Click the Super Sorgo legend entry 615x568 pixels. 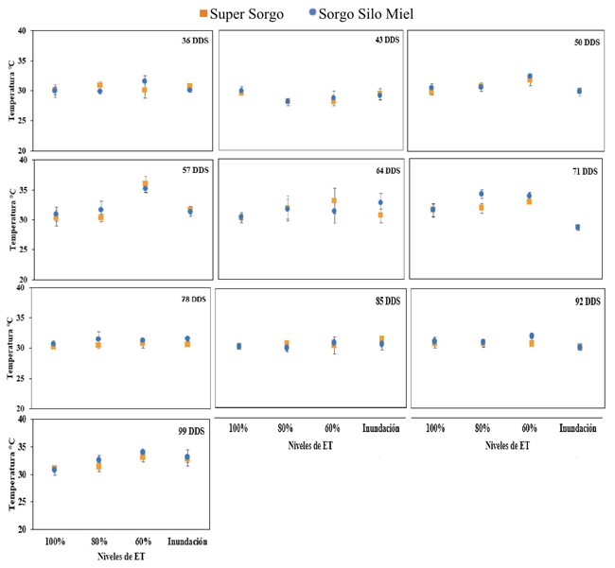click(241, 14)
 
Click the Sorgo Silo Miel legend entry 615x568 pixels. click(361, 14)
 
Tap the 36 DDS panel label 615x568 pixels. click(195, 41)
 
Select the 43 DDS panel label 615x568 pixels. click(387, 40)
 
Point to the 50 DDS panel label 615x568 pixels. click(587, 42)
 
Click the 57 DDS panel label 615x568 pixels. click(195, 170)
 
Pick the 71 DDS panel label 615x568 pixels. click(585, 171)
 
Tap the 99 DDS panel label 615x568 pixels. click(191, 431)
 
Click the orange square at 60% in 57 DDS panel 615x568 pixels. click(145, 183)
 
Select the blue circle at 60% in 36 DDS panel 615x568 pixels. click(145, 81)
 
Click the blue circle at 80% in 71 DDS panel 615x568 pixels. click(482, 194)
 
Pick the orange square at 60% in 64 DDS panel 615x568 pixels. click(334, 200)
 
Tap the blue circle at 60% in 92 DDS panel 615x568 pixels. click(532, 336)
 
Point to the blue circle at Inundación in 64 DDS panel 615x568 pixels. click(380, 202)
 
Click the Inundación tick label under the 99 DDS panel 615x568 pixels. click(187, 542)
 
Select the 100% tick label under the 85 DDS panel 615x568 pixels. click(238, 428)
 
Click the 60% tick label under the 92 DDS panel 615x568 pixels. click(529, 428)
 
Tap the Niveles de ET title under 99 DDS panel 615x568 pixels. click(121, 557)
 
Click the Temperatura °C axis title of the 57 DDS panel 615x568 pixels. click(12, 220)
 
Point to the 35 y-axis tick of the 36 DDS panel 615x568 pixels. click(24, 60)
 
